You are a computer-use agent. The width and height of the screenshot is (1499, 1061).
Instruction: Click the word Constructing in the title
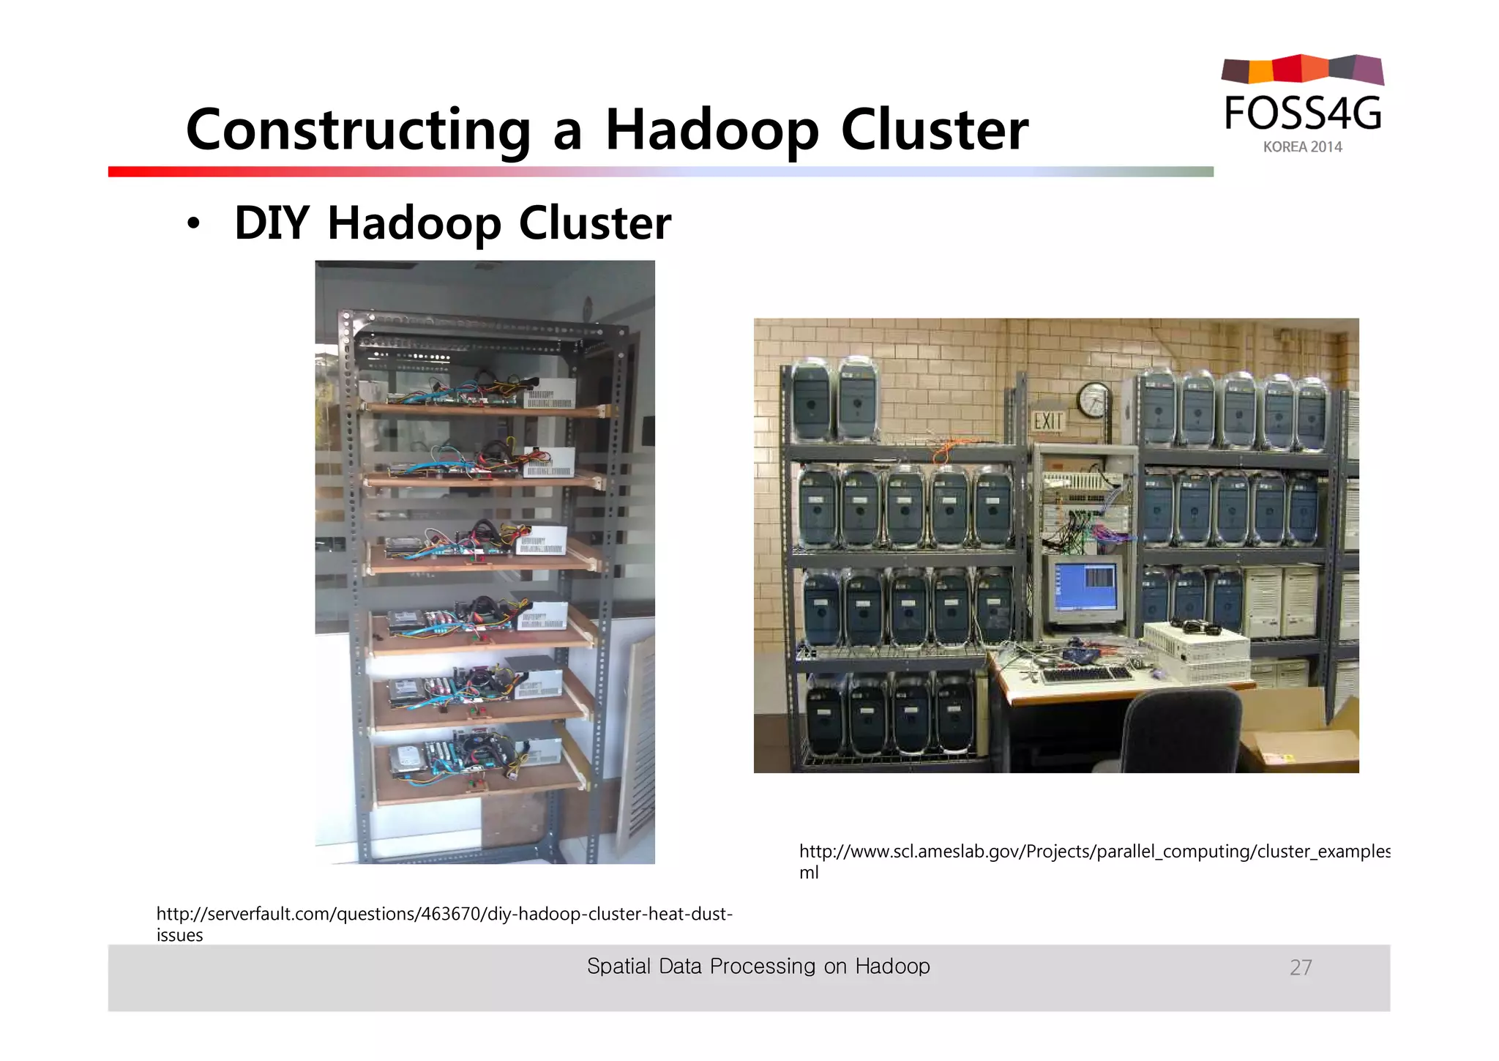click(x=357, y=130)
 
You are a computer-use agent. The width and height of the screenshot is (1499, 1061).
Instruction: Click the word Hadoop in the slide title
click(x=711, y=130)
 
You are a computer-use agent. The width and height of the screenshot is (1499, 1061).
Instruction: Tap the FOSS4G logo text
click(x=1302, y=113)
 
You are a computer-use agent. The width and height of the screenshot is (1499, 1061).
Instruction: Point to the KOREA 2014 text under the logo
click(x=1302, y=147)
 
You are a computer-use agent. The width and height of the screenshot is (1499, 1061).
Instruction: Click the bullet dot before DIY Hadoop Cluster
click(x=192, y=224)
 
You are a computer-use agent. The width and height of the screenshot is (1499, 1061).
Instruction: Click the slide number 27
click(x=1300, y=968)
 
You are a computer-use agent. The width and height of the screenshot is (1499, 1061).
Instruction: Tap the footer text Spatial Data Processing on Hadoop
click(x=758, y=967)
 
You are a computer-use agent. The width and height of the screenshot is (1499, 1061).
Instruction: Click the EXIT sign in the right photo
click(x=1047, y=422)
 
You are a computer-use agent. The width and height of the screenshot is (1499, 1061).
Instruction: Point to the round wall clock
click(x=1094, y=400)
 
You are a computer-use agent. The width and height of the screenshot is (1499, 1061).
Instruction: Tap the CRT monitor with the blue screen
click(x=1086, y=590)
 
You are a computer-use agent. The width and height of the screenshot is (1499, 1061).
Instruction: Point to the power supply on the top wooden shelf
click(x=549, y=394)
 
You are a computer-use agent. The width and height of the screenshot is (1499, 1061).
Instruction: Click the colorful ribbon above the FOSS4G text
click(x=1302, y=70)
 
